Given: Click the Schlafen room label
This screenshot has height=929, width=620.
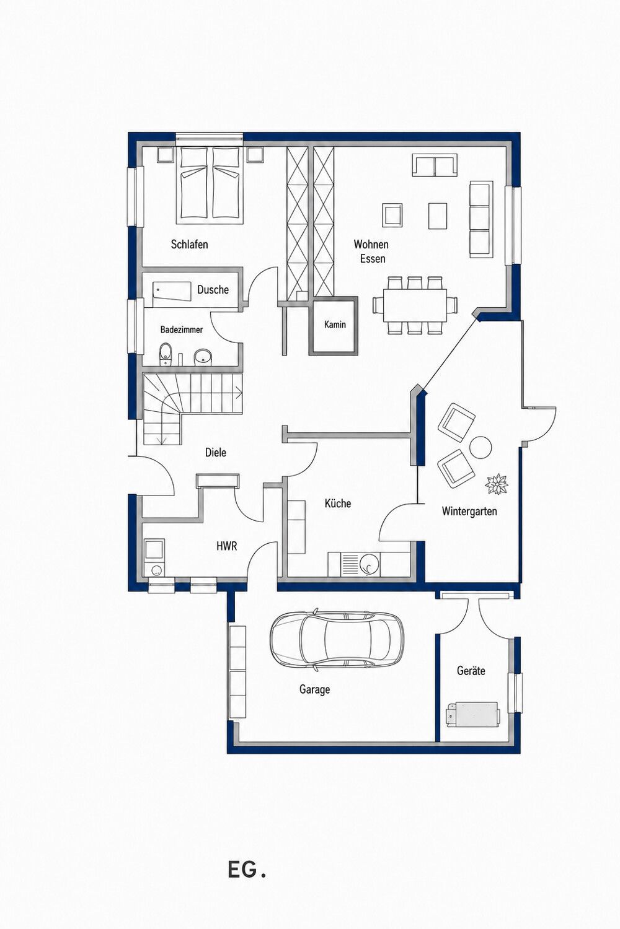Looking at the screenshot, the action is click(x=189, y=244).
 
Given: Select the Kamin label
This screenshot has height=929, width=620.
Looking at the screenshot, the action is click(x=335, y=325).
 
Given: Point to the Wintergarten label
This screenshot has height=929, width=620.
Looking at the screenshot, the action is click(x=469, y=511).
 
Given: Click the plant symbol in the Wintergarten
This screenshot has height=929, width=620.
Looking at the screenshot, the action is click(x=496, y=483).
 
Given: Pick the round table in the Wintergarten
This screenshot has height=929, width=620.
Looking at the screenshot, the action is click(x=480, y=447).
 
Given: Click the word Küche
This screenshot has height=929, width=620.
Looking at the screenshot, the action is click(x=338, y=503).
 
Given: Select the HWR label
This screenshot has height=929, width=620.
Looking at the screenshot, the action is click(x=227, y=546).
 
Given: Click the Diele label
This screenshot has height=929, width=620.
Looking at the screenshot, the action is click(x=216, y=452).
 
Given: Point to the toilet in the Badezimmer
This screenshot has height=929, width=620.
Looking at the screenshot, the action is click(x=166, y=354).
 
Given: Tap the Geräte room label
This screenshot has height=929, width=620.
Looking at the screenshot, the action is click(x=471, y=671).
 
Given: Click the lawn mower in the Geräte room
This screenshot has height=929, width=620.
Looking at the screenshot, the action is click(x=472, y=714).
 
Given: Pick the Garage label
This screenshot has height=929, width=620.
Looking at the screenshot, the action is click(x=315, y=689).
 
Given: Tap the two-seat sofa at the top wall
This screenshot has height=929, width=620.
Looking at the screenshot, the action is click(x=435, y=165).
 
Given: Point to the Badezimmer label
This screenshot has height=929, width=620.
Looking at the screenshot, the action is click(x=182, y=329).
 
